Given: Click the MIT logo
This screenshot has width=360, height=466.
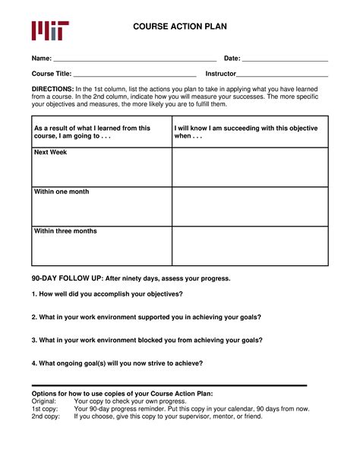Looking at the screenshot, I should (50, 30).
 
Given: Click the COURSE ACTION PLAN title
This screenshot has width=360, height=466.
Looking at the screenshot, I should (180, 27).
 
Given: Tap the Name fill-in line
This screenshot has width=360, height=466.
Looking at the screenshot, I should (135, 59).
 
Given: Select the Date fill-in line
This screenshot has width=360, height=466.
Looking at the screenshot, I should (285, 59).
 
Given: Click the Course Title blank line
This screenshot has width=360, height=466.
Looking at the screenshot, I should (134, 75).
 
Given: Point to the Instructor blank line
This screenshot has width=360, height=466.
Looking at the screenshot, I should (282, 75).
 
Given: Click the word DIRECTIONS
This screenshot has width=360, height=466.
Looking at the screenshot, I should (52, 89).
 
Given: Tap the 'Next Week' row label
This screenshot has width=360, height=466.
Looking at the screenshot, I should (51, 153).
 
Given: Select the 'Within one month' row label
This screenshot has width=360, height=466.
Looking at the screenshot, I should (62, 192).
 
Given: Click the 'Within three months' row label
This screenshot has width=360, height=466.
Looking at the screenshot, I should (65, 231).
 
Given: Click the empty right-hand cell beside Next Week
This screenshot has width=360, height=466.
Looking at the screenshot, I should (250, 167).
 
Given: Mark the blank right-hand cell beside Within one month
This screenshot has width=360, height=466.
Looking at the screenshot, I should (250, 207).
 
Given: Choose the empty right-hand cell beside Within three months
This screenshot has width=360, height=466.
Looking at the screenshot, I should (250, 246).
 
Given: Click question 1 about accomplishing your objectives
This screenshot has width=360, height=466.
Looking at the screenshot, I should (107, 294).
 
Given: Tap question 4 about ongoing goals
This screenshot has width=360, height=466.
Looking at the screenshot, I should (117, 363).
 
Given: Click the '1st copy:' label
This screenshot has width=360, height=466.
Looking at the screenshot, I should (46, 408).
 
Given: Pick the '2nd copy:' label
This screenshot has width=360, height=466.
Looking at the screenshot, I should (46, 416).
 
